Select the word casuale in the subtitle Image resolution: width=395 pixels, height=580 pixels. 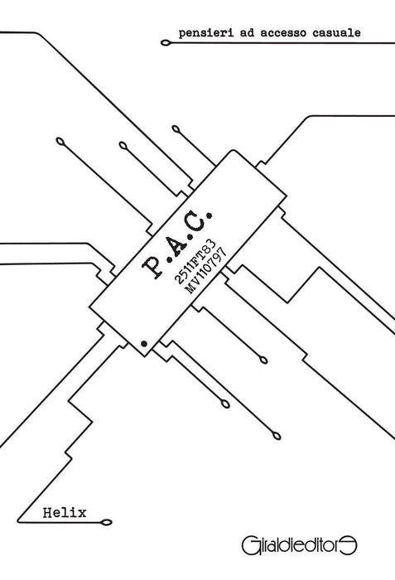pos(336,32)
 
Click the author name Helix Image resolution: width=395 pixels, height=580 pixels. pos(65,513)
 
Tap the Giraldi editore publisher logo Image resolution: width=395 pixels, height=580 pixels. pos(299,546)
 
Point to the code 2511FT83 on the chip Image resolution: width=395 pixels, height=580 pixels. pos(195,261)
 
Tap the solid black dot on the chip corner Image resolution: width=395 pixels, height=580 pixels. pos(144,344)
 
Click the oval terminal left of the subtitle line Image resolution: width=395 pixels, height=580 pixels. pos(166,43)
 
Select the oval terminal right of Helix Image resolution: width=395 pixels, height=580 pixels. pos(107,522)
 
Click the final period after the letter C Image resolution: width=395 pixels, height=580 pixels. pos(210,214)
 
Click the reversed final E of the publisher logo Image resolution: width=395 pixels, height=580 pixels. pos(350,546)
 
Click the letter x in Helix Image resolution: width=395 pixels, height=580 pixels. pos(82,514)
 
